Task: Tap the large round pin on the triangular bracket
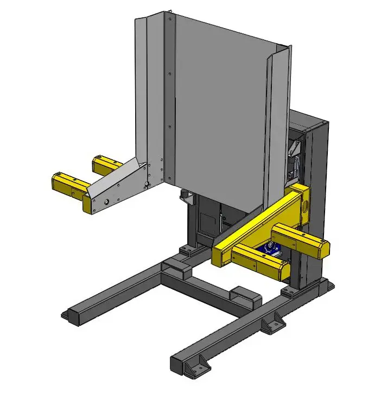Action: (x=107, y=201)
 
